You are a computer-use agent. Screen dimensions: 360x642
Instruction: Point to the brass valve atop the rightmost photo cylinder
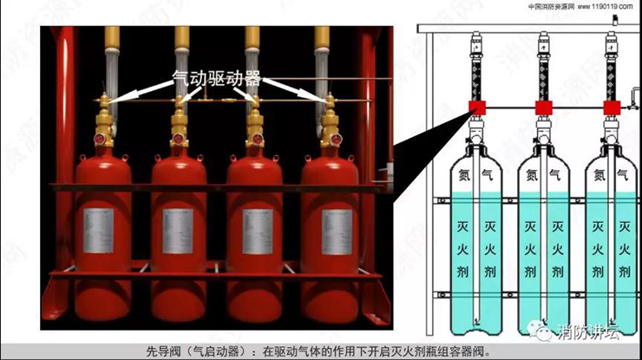[x=329, y=117]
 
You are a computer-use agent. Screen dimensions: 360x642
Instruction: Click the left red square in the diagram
[x=475, y=108]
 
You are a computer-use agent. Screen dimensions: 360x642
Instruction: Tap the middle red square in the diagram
[x=544, y=108]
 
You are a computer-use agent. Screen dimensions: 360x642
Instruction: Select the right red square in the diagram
[x=612, y=108]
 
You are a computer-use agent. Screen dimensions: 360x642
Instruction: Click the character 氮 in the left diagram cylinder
[x=464, y=174]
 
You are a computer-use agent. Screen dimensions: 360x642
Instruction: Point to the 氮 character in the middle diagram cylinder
[x=532, y=174]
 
